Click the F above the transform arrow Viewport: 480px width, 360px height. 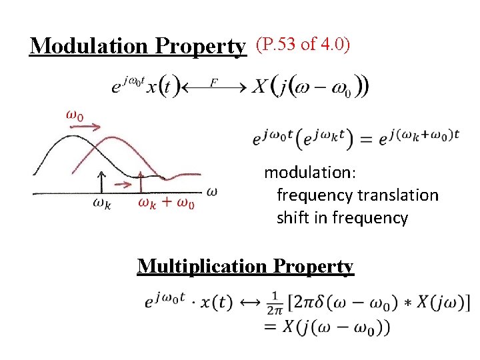214,82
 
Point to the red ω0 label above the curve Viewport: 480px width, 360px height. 75,115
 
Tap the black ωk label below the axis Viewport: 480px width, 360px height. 102,203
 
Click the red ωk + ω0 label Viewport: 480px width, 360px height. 166,203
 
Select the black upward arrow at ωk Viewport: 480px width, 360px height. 101,181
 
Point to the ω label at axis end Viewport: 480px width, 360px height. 212,192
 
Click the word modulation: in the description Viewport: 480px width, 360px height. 310,173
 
